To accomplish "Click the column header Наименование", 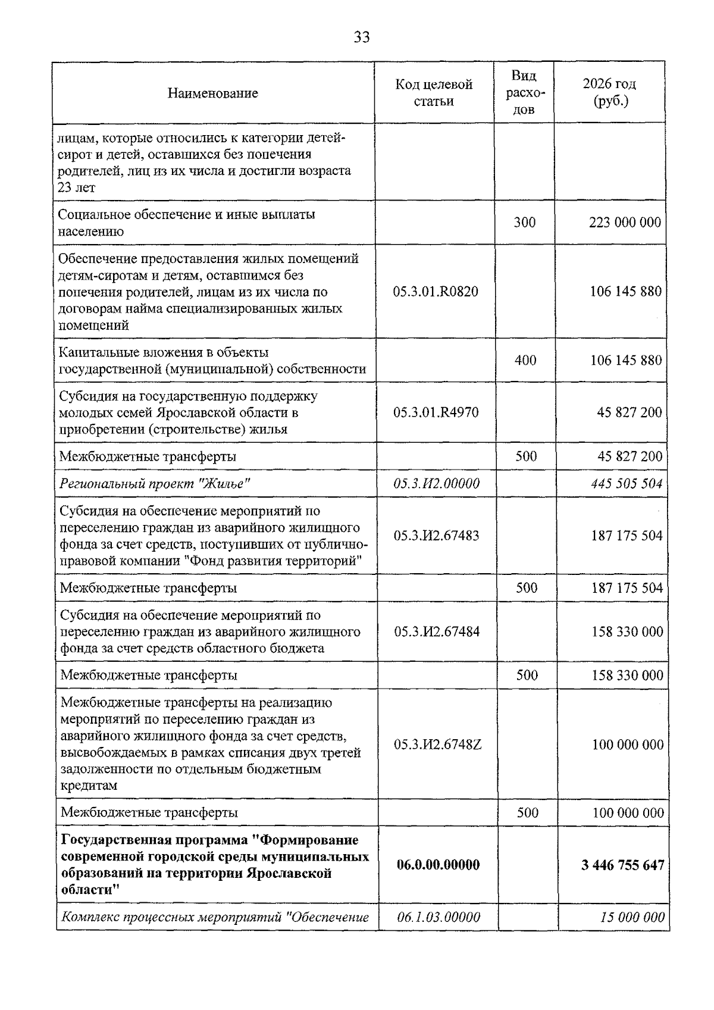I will [213, 93].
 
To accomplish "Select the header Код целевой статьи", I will [434, 93].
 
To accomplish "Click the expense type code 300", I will [524, 223].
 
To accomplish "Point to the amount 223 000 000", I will [624, 223].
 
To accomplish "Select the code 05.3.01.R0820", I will [436, 292].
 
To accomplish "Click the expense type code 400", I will [525, 360].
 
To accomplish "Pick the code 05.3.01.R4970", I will [436, 412].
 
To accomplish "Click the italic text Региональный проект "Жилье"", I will [155, 483].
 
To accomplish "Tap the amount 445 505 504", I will [627, 483].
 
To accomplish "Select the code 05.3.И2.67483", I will [436, 536].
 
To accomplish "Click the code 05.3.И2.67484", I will [437, 631].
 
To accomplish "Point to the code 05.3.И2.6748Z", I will [437, 745].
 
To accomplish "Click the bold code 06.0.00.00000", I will [438, 865].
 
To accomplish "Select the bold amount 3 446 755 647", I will [622, 865].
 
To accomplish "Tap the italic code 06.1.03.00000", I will [439, 917].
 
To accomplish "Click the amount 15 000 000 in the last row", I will [632, 917].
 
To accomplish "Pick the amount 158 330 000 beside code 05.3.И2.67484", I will [627, 631].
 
